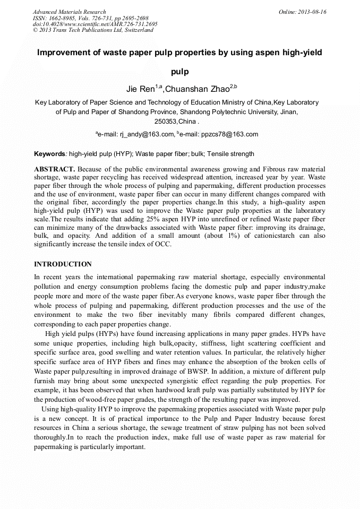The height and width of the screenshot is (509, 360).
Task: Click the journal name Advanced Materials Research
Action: [69, 12]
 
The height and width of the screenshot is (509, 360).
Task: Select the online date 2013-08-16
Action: [312, 12]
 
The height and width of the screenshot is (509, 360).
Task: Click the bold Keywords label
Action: [49, 154]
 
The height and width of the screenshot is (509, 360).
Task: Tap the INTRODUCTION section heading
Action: [63, 264]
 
